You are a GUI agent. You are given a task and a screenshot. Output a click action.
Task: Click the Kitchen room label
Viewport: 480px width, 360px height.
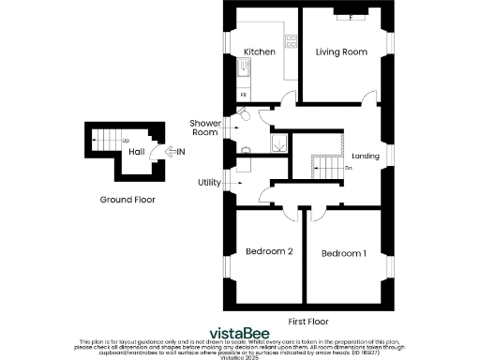[x=258, y=52]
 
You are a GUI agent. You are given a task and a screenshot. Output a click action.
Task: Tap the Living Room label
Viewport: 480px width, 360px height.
[x=340, y=52]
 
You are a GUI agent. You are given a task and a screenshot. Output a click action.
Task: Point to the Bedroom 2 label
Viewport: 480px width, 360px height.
[x=270, y=251]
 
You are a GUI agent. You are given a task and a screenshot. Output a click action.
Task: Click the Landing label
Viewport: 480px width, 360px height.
[x=366, y=157]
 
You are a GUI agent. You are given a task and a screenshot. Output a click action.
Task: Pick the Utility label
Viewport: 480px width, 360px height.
[x=209, y=182]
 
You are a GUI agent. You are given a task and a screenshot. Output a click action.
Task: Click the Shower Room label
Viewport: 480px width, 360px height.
[x=204, y=127]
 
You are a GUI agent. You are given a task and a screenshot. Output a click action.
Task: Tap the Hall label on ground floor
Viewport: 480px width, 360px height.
[x=136, y=151]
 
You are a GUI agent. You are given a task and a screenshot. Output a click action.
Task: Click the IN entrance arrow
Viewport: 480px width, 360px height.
[x=176, y=151]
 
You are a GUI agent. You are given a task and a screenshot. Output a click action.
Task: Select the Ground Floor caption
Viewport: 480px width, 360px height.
[x=127, y=200]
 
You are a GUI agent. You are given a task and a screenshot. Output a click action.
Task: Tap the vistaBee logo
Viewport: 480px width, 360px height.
[x=239, y=331]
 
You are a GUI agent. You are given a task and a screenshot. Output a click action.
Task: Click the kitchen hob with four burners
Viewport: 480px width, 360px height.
[x=291, y=40]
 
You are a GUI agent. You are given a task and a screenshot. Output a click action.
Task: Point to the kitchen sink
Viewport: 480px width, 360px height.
[x=246, y=67]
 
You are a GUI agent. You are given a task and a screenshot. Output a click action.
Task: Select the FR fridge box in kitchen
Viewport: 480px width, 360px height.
[x=245, y=96]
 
